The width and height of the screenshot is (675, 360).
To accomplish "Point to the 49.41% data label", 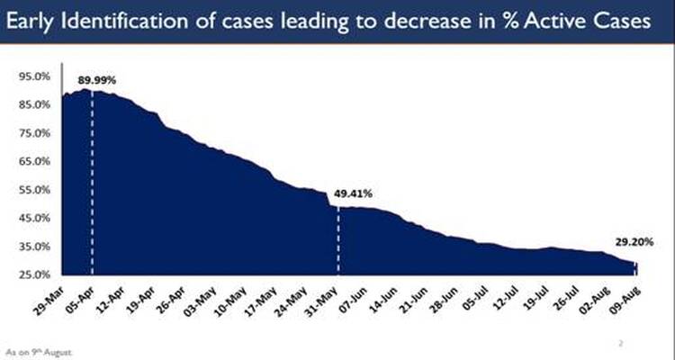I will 353,193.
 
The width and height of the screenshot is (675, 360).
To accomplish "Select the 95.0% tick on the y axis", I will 37,76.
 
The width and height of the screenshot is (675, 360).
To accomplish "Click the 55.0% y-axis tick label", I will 37,190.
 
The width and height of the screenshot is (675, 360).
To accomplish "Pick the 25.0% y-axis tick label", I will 37,274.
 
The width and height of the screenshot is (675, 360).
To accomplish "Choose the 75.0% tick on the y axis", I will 37,133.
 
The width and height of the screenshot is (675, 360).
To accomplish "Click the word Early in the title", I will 40,26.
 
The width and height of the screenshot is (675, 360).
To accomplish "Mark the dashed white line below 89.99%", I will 91,180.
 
